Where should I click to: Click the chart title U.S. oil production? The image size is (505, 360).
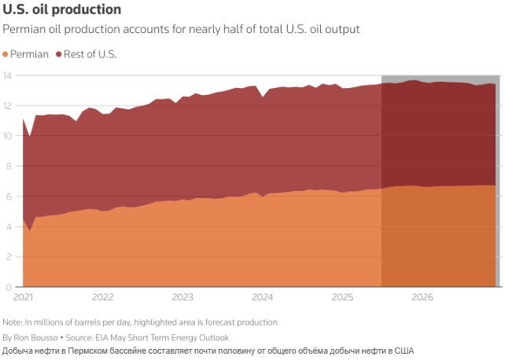pos(62,10)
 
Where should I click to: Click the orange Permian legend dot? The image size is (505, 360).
pos(6,55)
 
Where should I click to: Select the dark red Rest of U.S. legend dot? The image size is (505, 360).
pos(59,55)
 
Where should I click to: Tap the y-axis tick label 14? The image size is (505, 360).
pos(8,75)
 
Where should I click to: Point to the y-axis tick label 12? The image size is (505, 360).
pos(8,105)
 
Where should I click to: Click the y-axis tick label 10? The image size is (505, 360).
pos(8,135)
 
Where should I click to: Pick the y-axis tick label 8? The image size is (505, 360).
pos(10,166)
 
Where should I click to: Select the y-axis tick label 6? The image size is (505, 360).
pos(10,196)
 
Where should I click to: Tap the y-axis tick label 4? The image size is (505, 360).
pos(10,226)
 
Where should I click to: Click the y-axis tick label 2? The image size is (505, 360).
pos(10,256)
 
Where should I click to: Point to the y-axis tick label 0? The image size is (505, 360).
pos(10,286)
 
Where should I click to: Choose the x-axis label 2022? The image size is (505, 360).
pos(103,298)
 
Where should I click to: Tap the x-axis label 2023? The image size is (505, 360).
pos(182,298)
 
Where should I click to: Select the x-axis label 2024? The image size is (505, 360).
pos(263,298)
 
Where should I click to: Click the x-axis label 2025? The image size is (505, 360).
pos(342,298)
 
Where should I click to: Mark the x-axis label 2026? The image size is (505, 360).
pos(422,298)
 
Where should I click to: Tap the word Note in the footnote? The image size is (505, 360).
pos(13,323)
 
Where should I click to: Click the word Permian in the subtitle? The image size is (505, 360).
pos(23,30)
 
